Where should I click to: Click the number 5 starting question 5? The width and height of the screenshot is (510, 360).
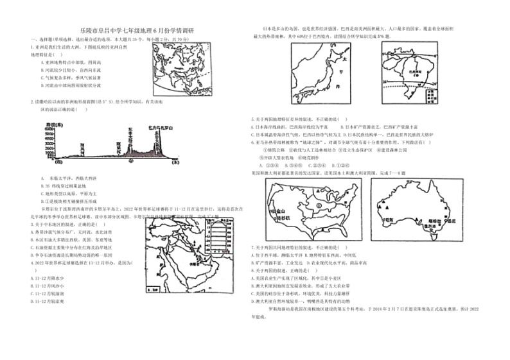pyautogui.click(x=252, y=119)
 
